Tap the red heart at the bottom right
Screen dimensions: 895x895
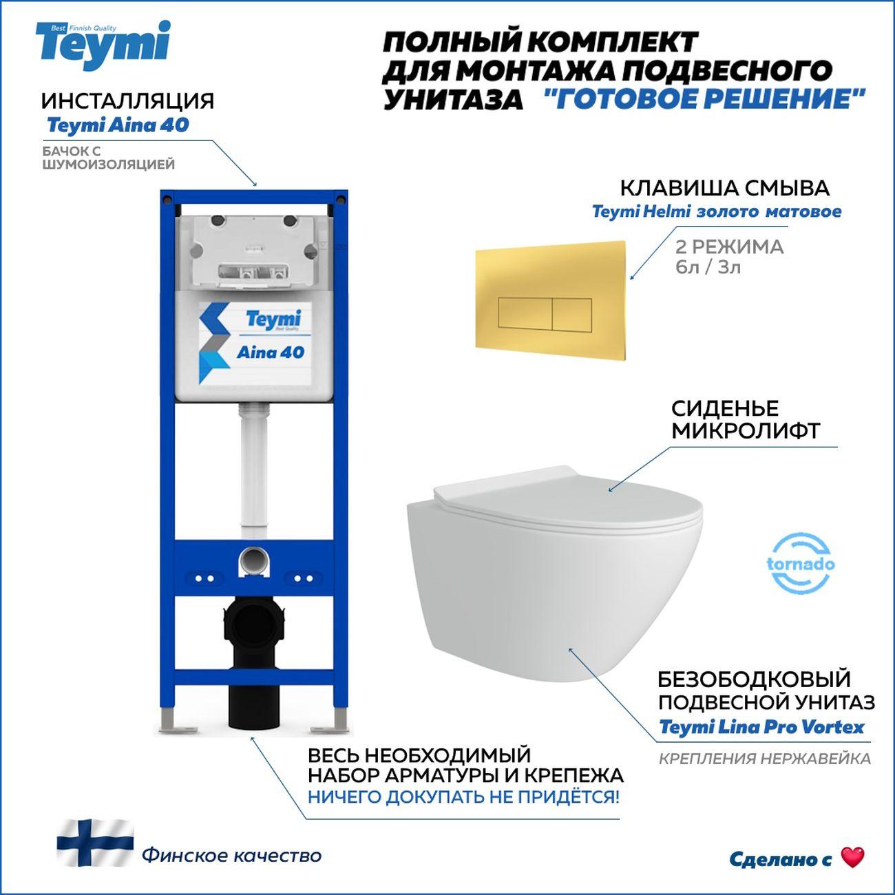(x=852, y=857)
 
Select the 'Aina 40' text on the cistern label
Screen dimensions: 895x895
(x=270, y=352)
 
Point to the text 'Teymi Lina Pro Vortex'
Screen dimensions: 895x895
(x=761, y=727)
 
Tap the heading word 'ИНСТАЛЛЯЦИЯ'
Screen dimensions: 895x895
(x=127, y=101)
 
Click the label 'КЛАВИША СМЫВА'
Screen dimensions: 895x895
(x=724, y=188)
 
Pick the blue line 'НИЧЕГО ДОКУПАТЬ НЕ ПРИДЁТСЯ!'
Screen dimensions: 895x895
(x=463, y=797)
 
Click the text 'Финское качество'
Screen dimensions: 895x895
(x=231, y=856)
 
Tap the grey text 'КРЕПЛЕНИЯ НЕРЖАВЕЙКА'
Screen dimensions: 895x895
(x=764, y=759)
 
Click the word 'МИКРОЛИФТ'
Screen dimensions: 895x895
(x=745, y=432)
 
